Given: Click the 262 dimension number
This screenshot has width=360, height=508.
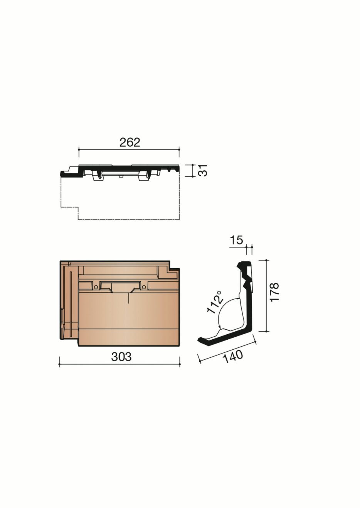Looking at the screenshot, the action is [x=130, y=143].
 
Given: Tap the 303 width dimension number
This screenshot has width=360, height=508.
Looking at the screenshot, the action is [x=121, y=357].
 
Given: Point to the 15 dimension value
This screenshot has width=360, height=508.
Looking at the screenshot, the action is [x=236, y=240].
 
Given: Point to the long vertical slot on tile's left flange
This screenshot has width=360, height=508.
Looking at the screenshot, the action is [x=71, y=304].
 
